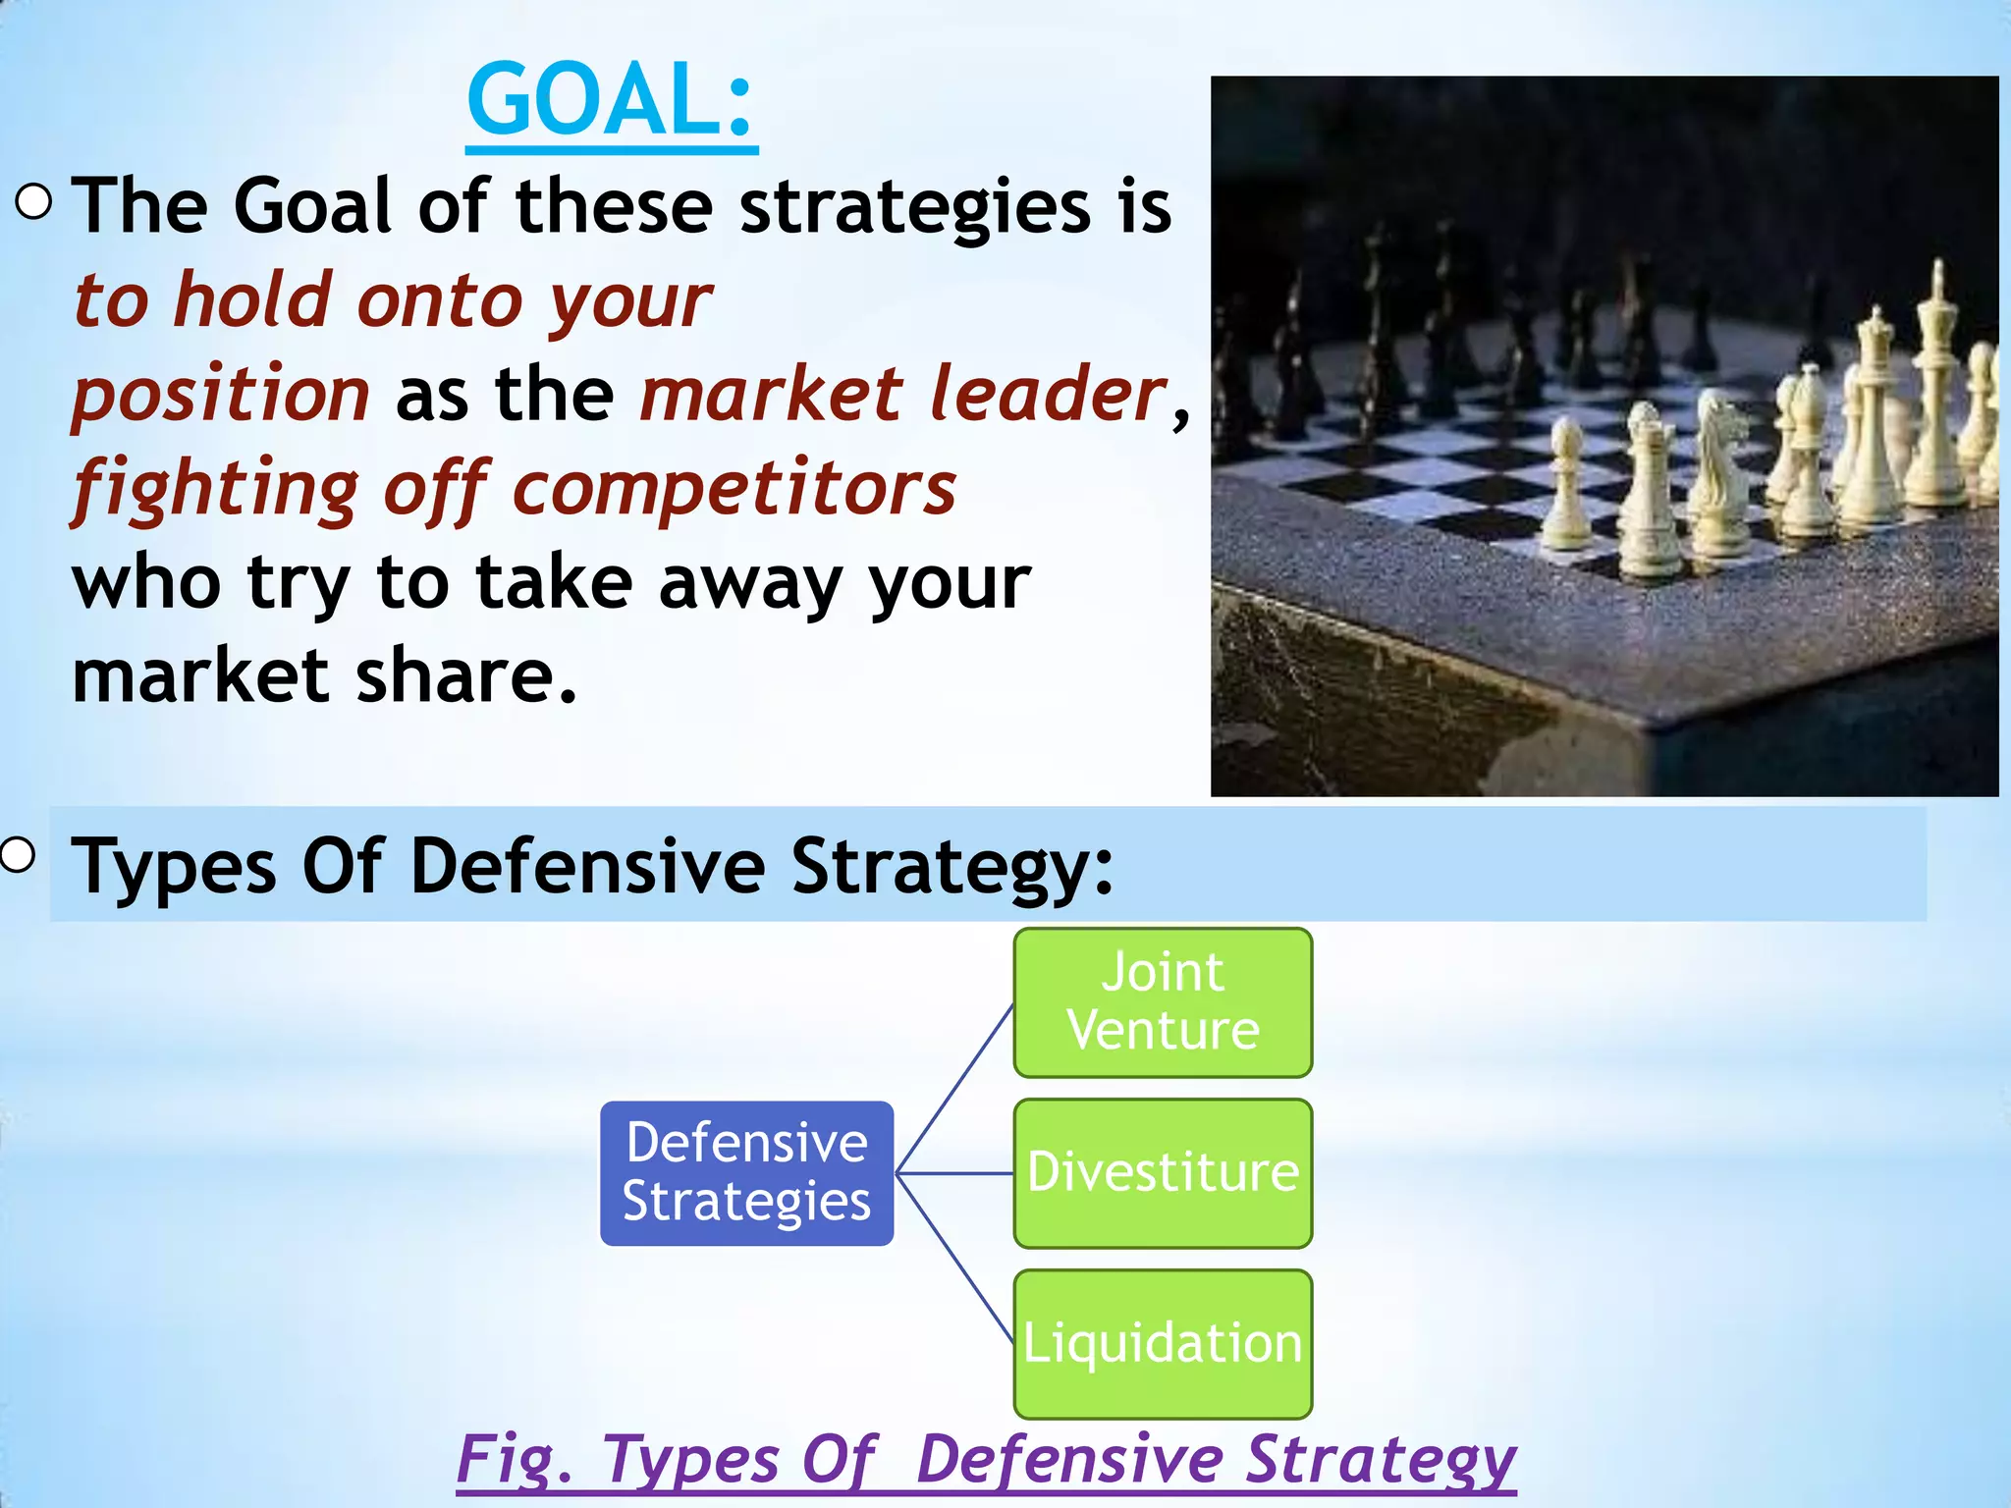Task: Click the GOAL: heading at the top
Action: tap(611, 101)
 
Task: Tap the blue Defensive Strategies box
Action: tap(746, 1172)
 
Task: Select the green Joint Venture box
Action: tap(1163, 1001)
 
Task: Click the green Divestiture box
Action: tap(1163, 1172)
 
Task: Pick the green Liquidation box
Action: tap(1163, 1342)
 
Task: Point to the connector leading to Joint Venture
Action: tap(954, 1088)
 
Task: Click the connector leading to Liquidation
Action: tap(954, 1259)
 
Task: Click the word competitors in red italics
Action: tap(734, 488)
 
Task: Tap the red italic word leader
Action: tap(1046, 394)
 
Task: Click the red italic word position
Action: tap(221, 394)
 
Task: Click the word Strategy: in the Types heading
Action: tap(952, 866)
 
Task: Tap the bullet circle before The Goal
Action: tap(34, 203)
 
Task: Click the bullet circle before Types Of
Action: tap(17, 855)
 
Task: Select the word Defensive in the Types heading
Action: tap(587, 866)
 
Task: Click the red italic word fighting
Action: tap(216, 488)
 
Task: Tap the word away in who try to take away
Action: tap(750, 582)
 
